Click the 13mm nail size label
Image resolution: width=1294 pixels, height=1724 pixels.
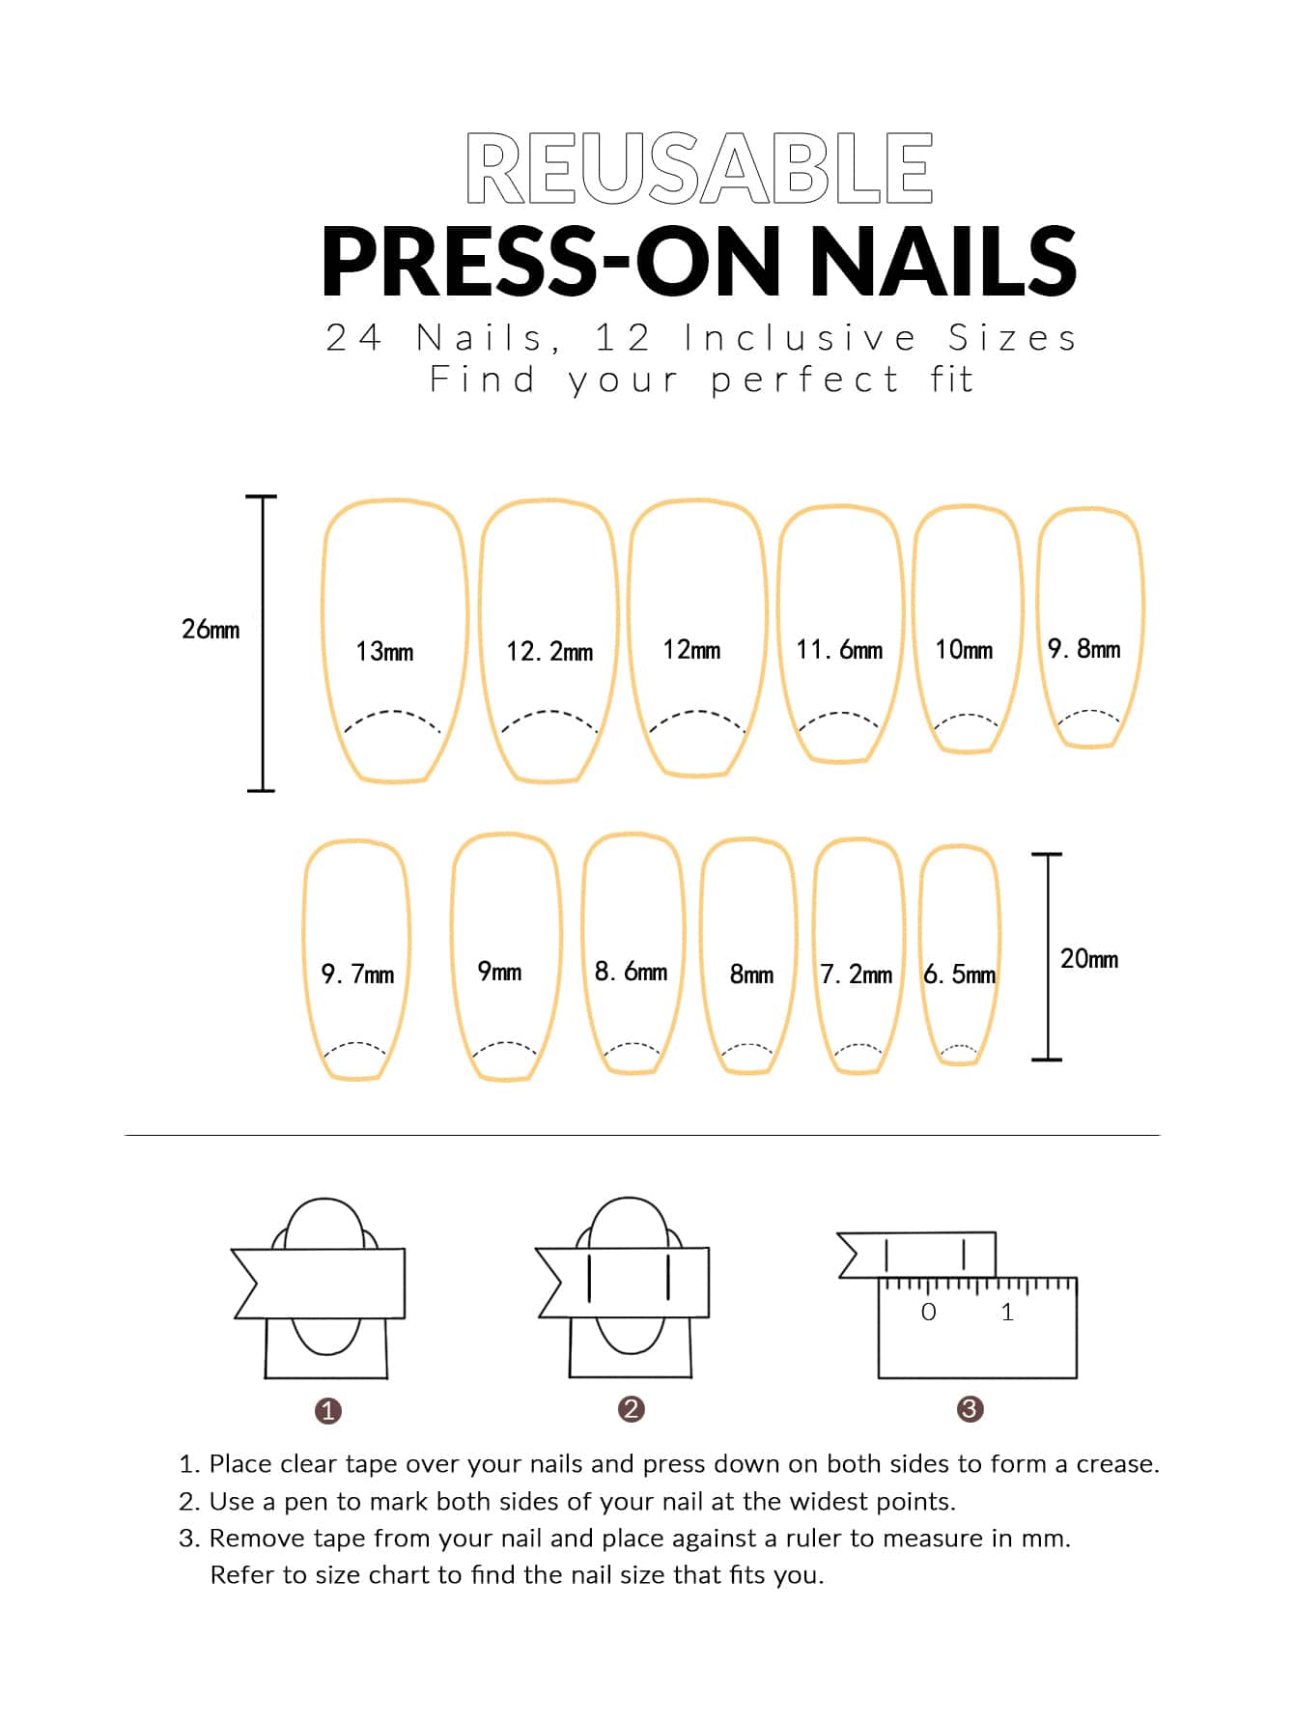click(384, 652)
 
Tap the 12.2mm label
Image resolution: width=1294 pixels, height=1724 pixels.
click(549, 652)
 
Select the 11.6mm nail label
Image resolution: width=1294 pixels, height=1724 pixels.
click(839, 650)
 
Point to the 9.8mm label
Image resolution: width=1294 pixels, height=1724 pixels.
click(1084, 649)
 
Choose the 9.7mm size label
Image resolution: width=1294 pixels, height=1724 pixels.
click(357, 975)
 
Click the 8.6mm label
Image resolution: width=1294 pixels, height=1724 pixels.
click(631, 972)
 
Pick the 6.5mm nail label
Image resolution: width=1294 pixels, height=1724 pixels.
click(959, 975)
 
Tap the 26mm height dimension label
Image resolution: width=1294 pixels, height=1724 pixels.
click(211, 630)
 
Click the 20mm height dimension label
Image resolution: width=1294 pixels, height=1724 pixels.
click(1089, 959)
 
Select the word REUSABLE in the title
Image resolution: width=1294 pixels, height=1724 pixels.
click(699, 168)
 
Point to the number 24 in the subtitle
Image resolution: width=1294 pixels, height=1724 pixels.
click(353, 338)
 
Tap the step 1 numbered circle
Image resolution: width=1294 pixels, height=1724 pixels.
click(328, 1411)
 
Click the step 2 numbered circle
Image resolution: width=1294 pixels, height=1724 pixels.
click(631, 1409)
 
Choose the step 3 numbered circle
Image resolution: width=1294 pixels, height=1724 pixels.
click(970, 1409)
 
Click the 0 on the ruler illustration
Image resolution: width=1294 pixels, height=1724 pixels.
click(929, 1312)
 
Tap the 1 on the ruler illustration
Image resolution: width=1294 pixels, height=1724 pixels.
click(1007, 1312)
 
